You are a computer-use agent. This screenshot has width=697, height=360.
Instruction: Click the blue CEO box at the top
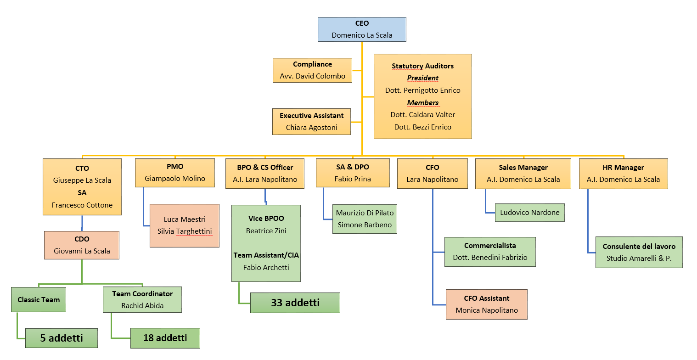click(x=362, y=29)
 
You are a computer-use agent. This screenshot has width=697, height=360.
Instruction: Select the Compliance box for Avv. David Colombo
click(x=312, y=70)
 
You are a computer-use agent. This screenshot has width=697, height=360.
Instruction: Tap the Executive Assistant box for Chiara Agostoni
click(x=312, y=122)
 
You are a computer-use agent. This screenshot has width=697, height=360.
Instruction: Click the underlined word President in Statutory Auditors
click(x=422, y=78)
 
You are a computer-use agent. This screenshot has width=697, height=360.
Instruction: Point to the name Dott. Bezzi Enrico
click(x=422, y=127)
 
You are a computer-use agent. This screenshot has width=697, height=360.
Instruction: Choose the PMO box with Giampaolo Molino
click(x=175, y=173)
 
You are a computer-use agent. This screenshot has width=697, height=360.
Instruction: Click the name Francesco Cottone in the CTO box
click(x=82, y=205)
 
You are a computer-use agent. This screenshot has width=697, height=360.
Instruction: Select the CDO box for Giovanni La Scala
click(x=82, y=245)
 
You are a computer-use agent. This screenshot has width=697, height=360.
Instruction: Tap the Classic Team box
click(x=39, y=299)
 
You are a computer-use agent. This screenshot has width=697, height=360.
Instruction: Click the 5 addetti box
click(x=62, y=338)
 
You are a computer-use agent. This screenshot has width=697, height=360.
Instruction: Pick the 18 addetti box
click(x=165, y=338)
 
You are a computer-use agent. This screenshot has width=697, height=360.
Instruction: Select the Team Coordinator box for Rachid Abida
click(x=142, y=299)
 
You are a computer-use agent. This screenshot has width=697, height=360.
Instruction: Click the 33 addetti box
click(x=295, y=303)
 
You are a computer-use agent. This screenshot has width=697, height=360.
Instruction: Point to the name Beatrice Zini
click(x=266, y=231)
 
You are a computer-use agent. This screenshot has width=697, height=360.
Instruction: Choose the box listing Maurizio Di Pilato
click(x=365, y=219)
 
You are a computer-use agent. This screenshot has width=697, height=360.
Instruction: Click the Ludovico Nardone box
click(x=529, y=213)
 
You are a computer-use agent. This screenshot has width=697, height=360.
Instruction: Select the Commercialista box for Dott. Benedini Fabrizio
click(x=490, y=252)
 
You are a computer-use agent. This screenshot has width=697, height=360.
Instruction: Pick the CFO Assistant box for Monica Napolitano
click(x=487, y=304)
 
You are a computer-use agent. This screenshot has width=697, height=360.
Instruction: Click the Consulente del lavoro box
click(x=639, y=252)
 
